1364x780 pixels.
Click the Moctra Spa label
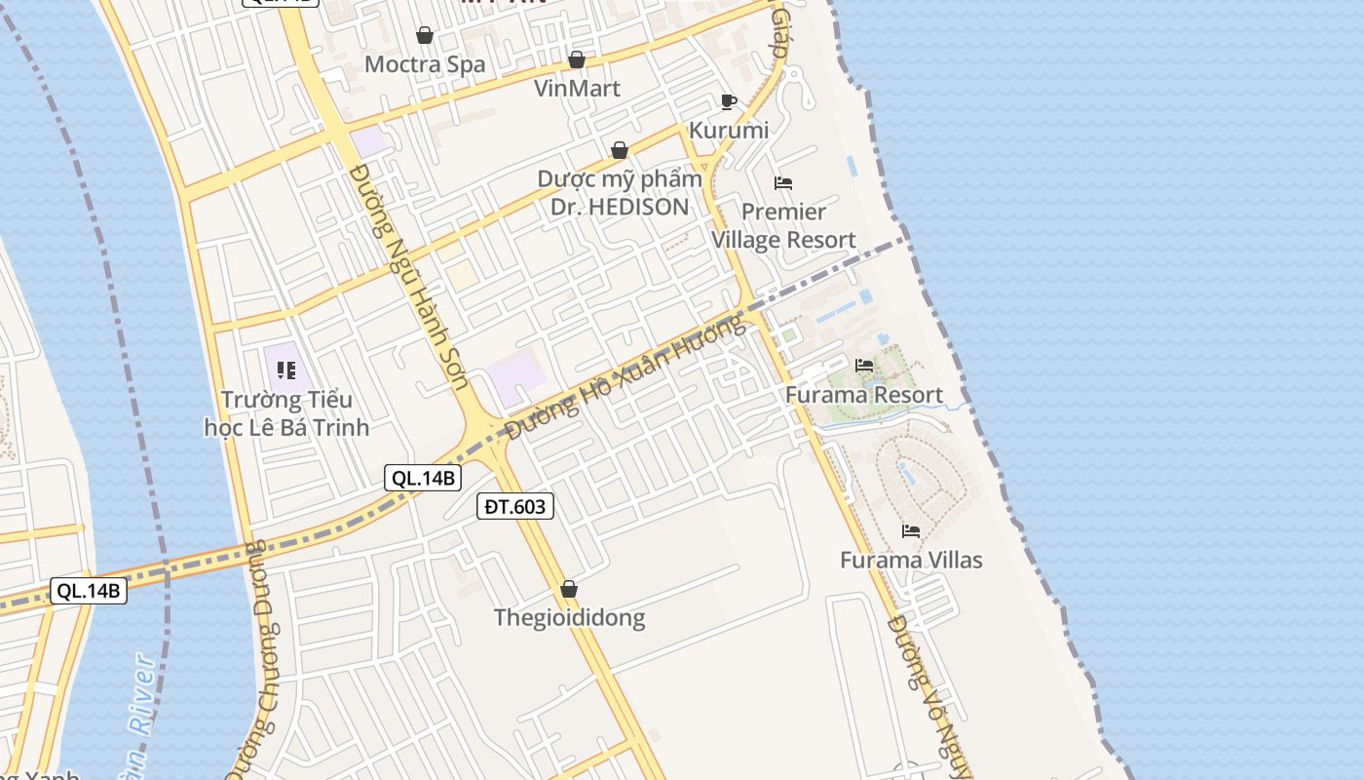click(x=425, y=64)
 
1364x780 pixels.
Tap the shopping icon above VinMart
click(x=577, y=59)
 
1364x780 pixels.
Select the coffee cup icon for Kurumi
click(x=728, y=101)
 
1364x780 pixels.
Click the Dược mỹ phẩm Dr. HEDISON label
click(x=620, y=193)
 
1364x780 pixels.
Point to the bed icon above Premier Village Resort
click(x=783, y=182)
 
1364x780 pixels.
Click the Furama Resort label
click(x=864, y=395)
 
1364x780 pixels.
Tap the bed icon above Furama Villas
click(x=911, y=531)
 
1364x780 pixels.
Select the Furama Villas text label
click(x=911, y=560)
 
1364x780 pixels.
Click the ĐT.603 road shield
click(x=515, y=506)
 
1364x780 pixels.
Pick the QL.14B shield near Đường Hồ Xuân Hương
click(x=423, y=478)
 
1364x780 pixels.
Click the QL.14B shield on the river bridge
click(x=89, y=591)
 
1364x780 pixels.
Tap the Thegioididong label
click(x=569, y=617)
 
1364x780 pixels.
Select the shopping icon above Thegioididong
click(x=569, y=589)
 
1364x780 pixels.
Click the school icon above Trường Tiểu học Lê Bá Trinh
click(x=286, y=370)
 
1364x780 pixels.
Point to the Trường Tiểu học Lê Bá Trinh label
click(x=286, y=413)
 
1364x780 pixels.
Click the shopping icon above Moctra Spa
click(x=425, y=36)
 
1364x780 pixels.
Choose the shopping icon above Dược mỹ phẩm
click(x=620, y=150)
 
